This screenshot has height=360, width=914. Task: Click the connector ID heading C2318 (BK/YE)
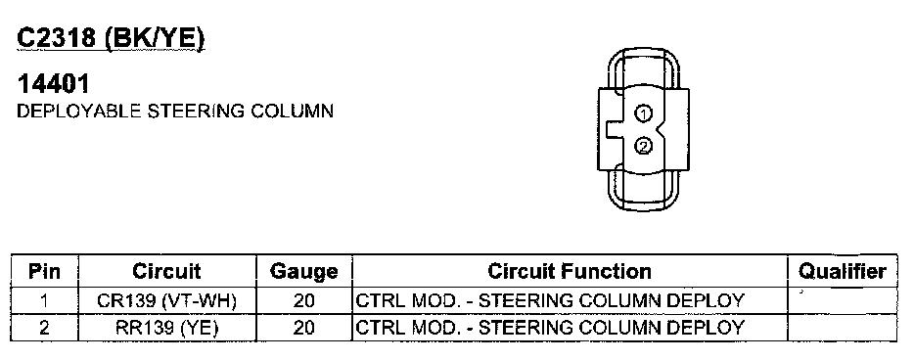112,39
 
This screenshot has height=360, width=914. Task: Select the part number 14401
54,84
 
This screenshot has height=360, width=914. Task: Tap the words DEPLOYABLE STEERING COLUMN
175,111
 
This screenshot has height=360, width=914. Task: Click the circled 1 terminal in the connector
643,114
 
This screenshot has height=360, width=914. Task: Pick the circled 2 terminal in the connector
643,146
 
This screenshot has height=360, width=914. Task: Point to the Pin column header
44,271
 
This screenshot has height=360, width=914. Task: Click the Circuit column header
166,271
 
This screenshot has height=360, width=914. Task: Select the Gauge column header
303,271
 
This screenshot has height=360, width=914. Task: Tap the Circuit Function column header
569,271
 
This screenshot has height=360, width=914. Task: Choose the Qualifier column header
842,271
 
